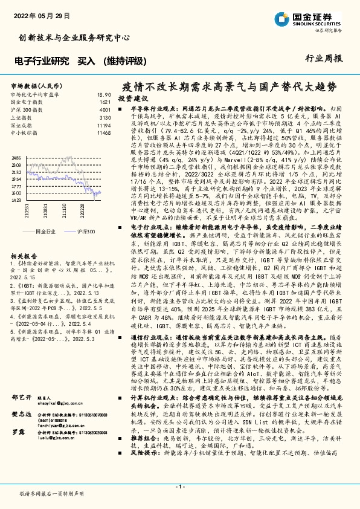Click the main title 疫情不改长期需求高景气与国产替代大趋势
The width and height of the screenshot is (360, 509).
[x=228, y=86]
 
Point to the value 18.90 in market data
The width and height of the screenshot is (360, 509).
[x=104, y=95]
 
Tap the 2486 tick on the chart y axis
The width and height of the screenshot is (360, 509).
[x=16, y=157]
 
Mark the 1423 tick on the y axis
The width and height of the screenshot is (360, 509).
[x=16, y=200]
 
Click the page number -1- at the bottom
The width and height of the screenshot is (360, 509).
[x=179, y=487]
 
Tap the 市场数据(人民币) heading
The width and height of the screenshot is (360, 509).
[x=34, y=86]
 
